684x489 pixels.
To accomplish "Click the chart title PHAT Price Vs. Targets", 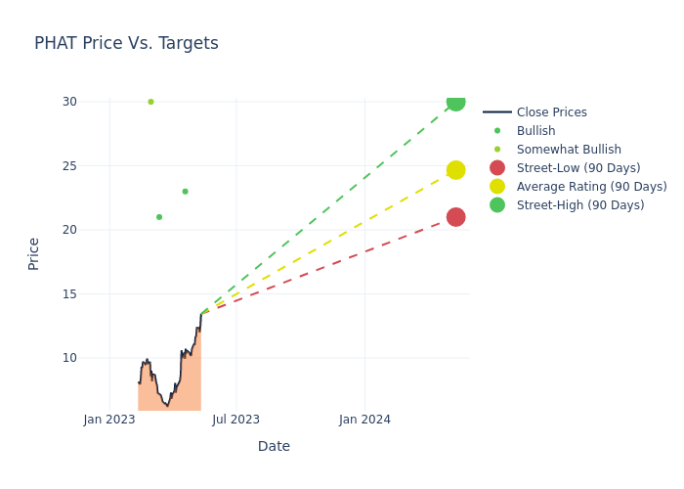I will pyautogui.click(x=126, y=44).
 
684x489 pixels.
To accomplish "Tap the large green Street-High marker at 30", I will pyautogui.click(x=455, y=102).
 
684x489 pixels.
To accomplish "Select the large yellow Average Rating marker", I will pyautogui.click(x=455, y=170).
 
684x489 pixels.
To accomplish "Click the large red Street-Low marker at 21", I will pyautogui.click(x=455, y=217).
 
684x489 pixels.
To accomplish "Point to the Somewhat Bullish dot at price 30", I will pyautogui.click(x=150, y=102).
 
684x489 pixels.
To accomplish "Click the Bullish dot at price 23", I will pyautogui.click(x=185, y=192).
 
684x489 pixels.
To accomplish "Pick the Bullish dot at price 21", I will pyautogui.click(x=159, y=217).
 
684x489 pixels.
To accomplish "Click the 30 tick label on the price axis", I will pyautogui.click(x=68, y=102).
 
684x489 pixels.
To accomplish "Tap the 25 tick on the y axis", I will pyautogui.click(x=68, y=165).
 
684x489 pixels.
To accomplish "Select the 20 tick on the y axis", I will pyautogui.click(x=68, y=230).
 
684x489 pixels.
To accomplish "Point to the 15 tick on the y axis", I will pyautogui.click(x=68, y=293).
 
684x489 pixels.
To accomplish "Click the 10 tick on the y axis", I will pyautogui.click(x=68, y=358).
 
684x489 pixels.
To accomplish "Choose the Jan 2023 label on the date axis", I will pyautogui.click(x=109, y=420).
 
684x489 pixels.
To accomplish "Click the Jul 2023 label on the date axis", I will pyautogui.click(x=236, y=420).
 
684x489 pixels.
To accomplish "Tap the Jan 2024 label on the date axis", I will pyautogui.click(x=364, y=420).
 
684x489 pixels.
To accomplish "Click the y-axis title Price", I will pyautogui.click(x=34, y=253).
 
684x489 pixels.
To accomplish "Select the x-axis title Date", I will pyautogui.click(x=274, y=447).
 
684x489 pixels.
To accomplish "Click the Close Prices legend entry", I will pyautogui.click(x=551, y=112).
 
